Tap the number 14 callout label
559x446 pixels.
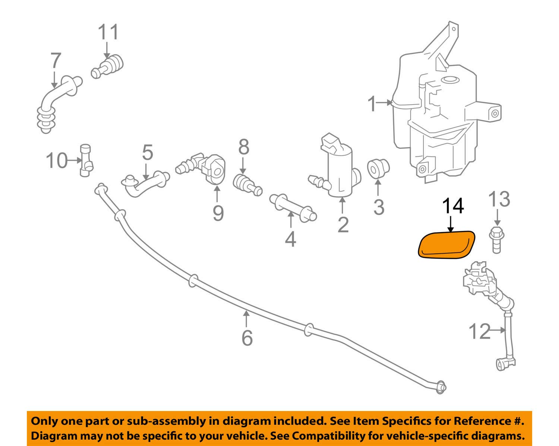tap(453, 206)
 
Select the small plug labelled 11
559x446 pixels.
tap(108, 66)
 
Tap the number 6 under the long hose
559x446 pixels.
tap(247, 338)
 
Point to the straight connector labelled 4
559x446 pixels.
tap(293, 207)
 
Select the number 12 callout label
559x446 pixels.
tap(479, 331)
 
